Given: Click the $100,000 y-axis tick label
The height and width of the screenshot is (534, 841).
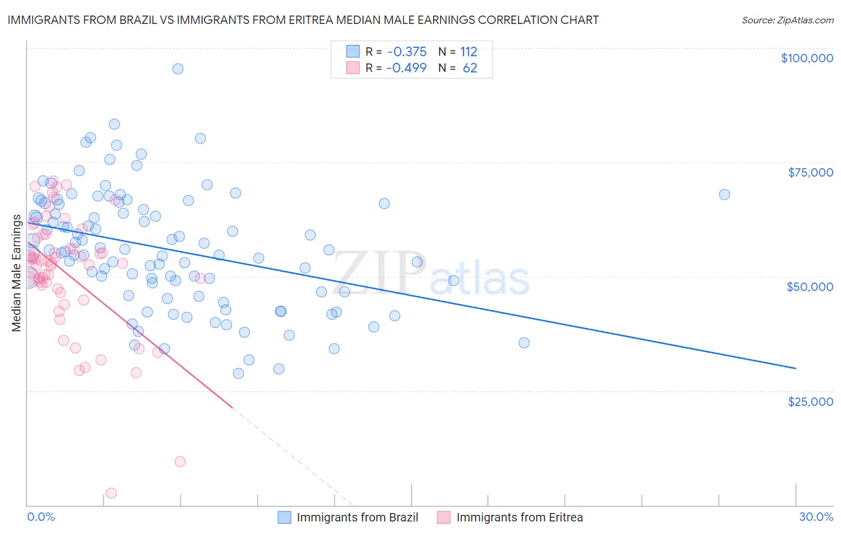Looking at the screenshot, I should click(806, 58).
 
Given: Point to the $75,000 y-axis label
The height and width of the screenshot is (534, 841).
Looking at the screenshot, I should click(810, 172).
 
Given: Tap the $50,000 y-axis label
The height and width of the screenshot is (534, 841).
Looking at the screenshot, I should click(809, 287).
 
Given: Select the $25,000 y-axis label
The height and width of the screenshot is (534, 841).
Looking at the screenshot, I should click(810, 401).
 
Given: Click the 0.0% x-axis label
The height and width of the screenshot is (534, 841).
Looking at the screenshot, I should click(41, 517).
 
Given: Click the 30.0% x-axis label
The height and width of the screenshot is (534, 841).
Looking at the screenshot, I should click(816, 517).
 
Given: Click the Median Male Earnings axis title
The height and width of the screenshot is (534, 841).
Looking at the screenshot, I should click(17, 273).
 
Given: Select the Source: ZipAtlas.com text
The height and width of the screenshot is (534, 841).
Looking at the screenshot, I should click(787, 20).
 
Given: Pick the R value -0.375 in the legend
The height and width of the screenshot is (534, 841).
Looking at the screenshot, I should click(406, 52).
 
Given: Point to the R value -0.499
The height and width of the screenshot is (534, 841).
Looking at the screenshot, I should click(406, 68).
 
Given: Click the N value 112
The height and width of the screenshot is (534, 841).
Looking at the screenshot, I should click(468, 52).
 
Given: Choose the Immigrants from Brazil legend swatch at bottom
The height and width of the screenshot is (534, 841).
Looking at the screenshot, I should click(284, 517).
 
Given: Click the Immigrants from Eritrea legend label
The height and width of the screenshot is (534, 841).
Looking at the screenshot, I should click(519, 517).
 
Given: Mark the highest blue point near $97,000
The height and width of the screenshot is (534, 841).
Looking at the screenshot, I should click(178, 69).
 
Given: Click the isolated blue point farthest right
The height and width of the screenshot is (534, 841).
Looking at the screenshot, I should click(724, 195).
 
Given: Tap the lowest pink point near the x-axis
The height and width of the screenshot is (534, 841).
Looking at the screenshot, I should click(111, 493).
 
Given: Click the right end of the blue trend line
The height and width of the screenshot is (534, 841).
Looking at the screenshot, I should click(795, 368).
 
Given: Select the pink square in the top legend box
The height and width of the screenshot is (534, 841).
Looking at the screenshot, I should click(353, 68).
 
